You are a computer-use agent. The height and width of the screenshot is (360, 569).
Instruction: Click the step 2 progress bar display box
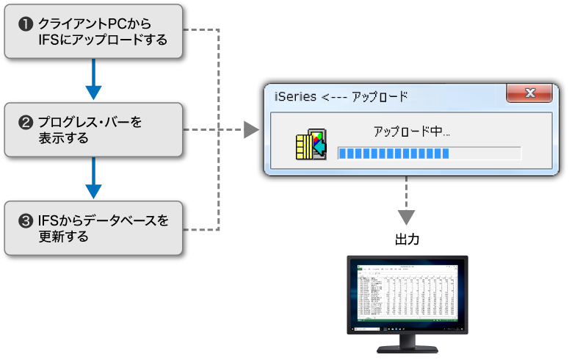click(x=93, y=129)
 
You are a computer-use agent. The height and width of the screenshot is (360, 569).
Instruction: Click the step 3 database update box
click(x=93, y=228)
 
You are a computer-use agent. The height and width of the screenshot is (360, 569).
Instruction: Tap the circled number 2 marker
click(x=26, y=122)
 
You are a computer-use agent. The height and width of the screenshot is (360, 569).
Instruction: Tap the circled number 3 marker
click(x=26, y=220)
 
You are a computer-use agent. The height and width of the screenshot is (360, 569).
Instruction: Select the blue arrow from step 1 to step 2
click(x=93, y=81)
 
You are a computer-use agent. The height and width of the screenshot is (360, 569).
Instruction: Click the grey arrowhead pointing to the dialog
click(x=252, y=130)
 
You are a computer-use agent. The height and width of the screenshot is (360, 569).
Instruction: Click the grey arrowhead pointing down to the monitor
click(x=406, y=217)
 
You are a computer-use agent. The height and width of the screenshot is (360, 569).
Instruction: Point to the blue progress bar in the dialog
click(x=394, y=153)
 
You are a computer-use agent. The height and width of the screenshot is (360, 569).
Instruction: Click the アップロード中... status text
click(x=411, y=132)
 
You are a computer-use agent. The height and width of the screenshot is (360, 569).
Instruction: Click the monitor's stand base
click(x=406, y=348)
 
